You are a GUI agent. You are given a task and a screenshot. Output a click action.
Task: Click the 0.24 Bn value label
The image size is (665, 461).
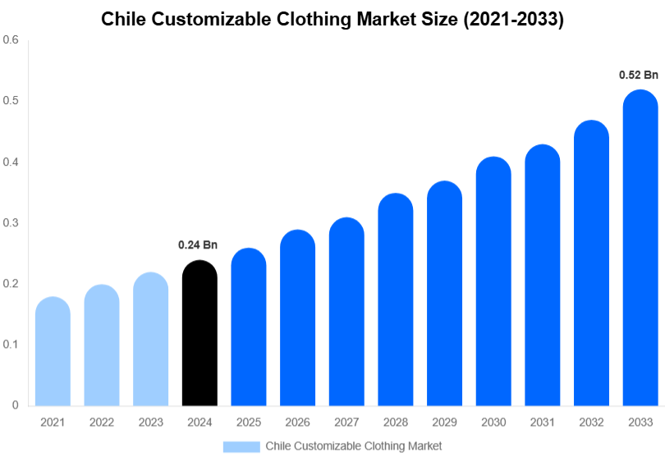(x=198, y=244)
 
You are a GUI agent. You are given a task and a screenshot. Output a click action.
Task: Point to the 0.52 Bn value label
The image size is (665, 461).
(x=639, y=75)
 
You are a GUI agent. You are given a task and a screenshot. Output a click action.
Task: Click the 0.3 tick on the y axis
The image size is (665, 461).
(x=11, y=223)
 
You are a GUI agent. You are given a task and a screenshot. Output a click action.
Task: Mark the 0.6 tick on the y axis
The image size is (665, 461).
(x=11, y=40)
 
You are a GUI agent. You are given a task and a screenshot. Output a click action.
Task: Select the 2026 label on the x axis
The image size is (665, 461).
(x=297, y=422)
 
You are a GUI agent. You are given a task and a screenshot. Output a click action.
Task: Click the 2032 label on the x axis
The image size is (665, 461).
(x=591, y=422)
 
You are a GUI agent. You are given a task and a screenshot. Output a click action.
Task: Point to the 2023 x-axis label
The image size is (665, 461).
(x=151, y=422)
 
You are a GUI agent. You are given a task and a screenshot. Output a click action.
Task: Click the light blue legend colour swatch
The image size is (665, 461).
(x=241, y=446)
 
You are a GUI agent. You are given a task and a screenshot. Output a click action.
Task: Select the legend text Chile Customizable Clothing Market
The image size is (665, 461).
(x=353, y=446)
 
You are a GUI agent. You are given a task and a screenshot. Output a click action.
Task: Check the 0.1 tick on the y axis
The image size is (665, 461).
(x=11, y=345)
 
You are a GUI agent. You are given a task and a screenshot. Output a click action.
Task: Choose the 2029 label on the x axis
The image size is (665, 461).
(x=444, y=422)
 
